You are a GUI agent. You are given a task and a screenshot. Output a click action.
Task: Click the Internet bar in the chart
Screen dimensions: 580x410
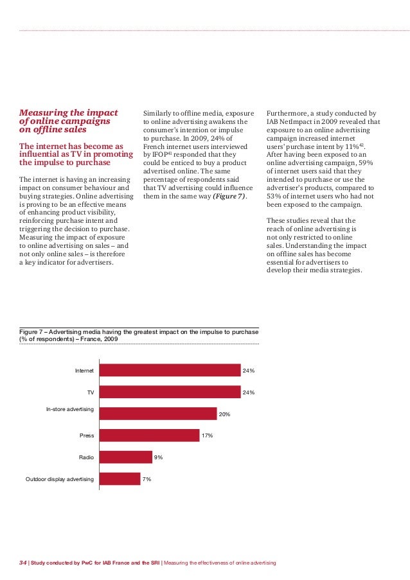(170, 370)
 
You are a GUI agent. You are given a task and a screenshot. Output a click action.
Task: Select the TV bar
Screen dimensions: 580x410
(170, 392)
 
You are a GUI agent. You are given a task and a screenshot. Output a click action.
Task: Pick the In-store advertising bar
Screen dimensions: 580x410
(158, 413)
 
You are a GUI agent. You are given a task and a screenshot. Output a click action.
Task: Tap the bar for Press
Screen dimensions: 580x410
(150, 435)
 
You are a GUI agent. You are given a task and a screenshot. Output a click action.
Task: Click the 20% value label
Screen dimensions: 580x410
(225, 415)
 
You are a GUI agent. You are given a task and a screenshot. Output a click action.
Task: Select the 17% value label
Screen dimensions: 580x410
(207, 436)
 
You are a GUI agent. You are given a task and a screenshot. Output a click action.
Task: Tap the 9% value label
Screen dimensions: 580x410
(158, 457)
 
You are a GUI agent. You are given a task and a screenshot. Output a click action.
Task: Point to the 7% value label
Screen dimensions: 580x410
(147, 479)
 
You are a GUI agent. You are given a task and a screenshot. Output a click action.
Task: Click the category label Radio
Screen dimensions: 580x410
(86, 457)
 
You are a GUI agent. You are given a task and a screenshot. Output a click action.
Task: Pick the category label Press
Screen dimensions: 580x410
(87, 435)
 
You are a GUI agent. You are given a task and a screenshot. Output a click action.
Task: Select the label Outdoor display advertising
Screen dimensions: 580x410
(60, 479)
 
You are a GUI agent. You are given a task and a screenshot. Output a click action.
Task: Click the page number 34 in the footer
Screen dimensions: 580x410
(22, 563)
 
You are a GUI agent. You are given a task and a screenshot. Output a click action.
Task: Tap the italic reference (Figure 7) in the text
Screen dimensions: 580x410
(229, 196)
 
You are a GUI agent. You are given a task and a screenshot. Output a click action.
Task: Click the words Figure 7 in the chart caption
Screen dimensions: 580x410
(33, 331)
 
